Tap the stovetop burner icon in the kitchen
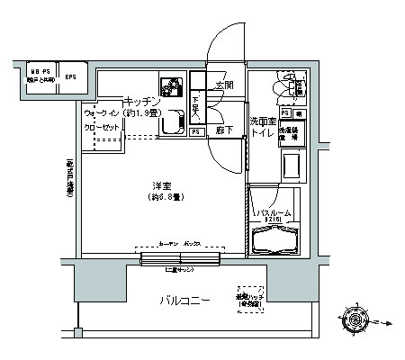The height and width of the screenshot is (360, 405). click(169, 86)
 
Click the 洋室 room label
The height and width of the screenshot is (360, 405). click(162, 184)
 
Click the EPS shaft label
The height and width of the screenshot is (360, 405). click(70, 76)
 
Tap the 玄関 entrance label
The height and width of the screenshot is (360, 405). click(224, 87)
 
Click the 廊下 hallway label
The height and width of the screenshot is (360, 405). click(224, 130)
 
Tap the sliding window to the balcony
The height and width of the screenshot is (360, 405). click(180, 260)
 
